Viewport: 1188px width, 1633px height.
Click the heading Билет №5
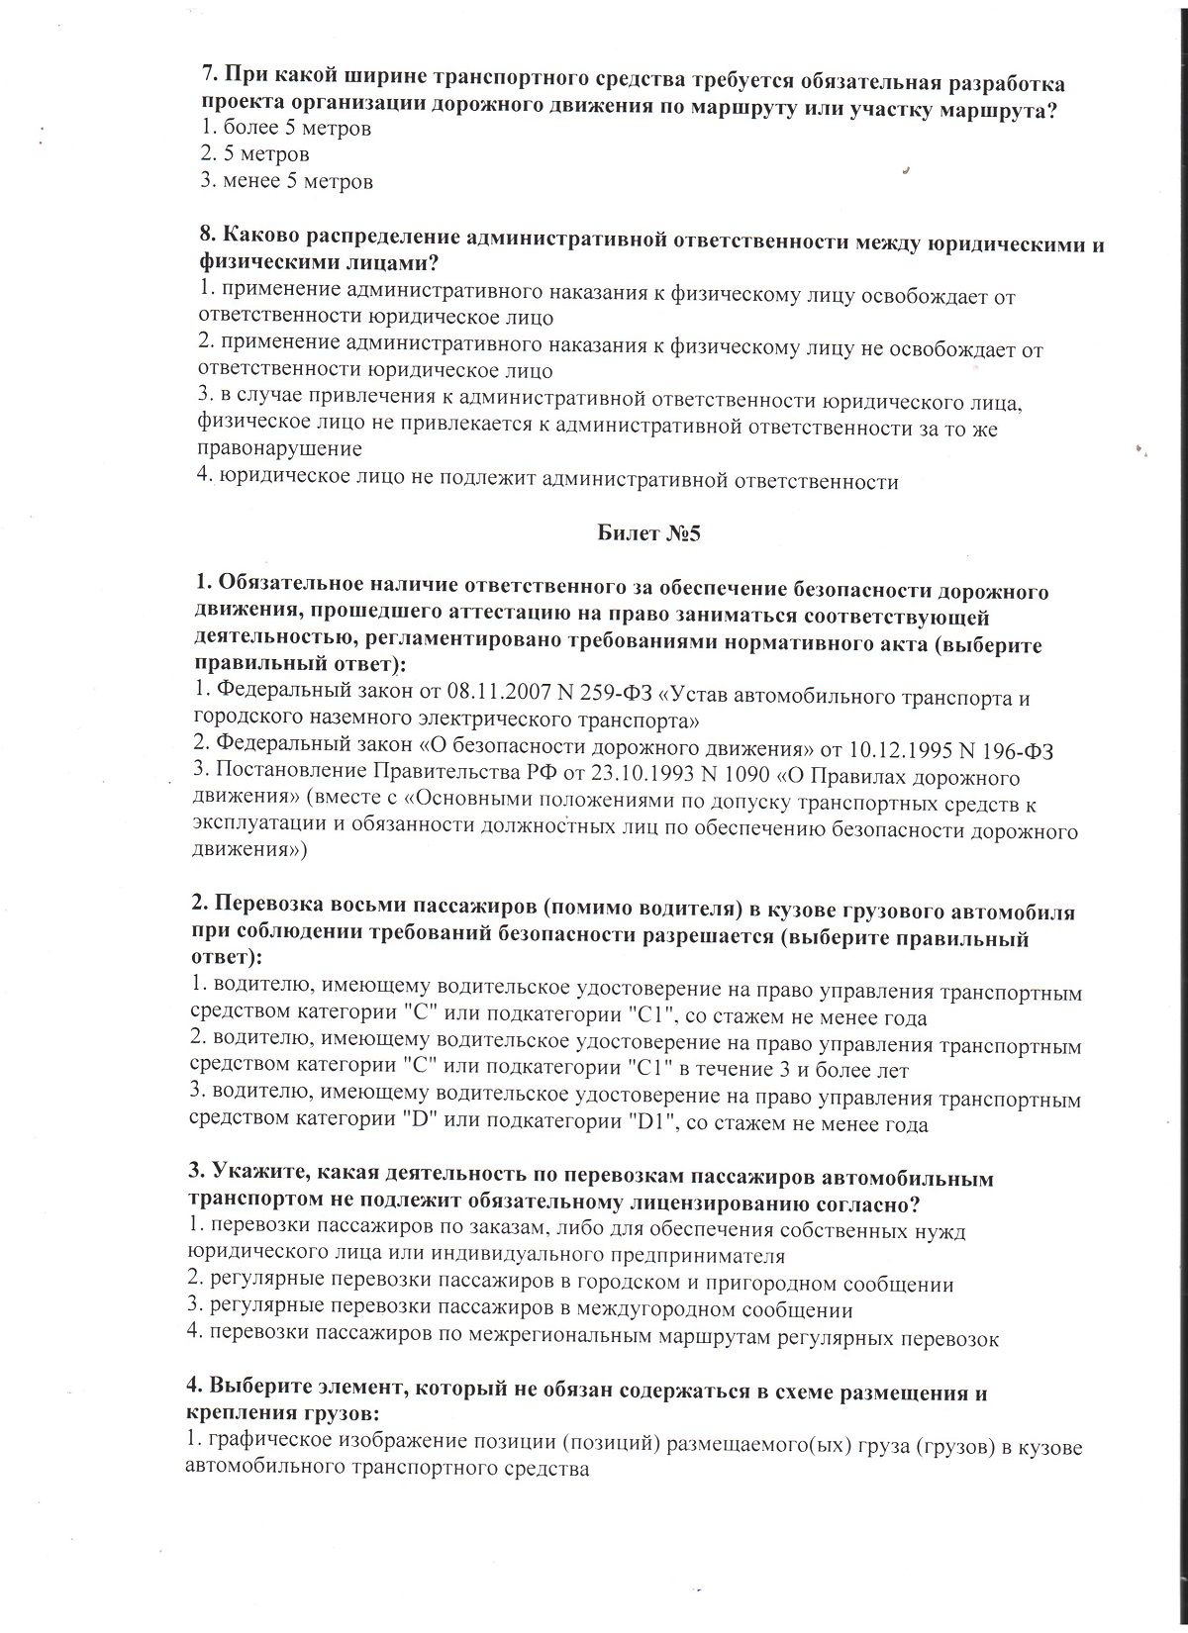pos(648,534)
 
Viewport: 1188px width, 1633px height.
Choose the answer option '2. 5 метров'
pos(253,154)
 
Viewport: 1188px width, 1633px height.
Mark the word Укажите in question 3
pos(252,1179)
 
